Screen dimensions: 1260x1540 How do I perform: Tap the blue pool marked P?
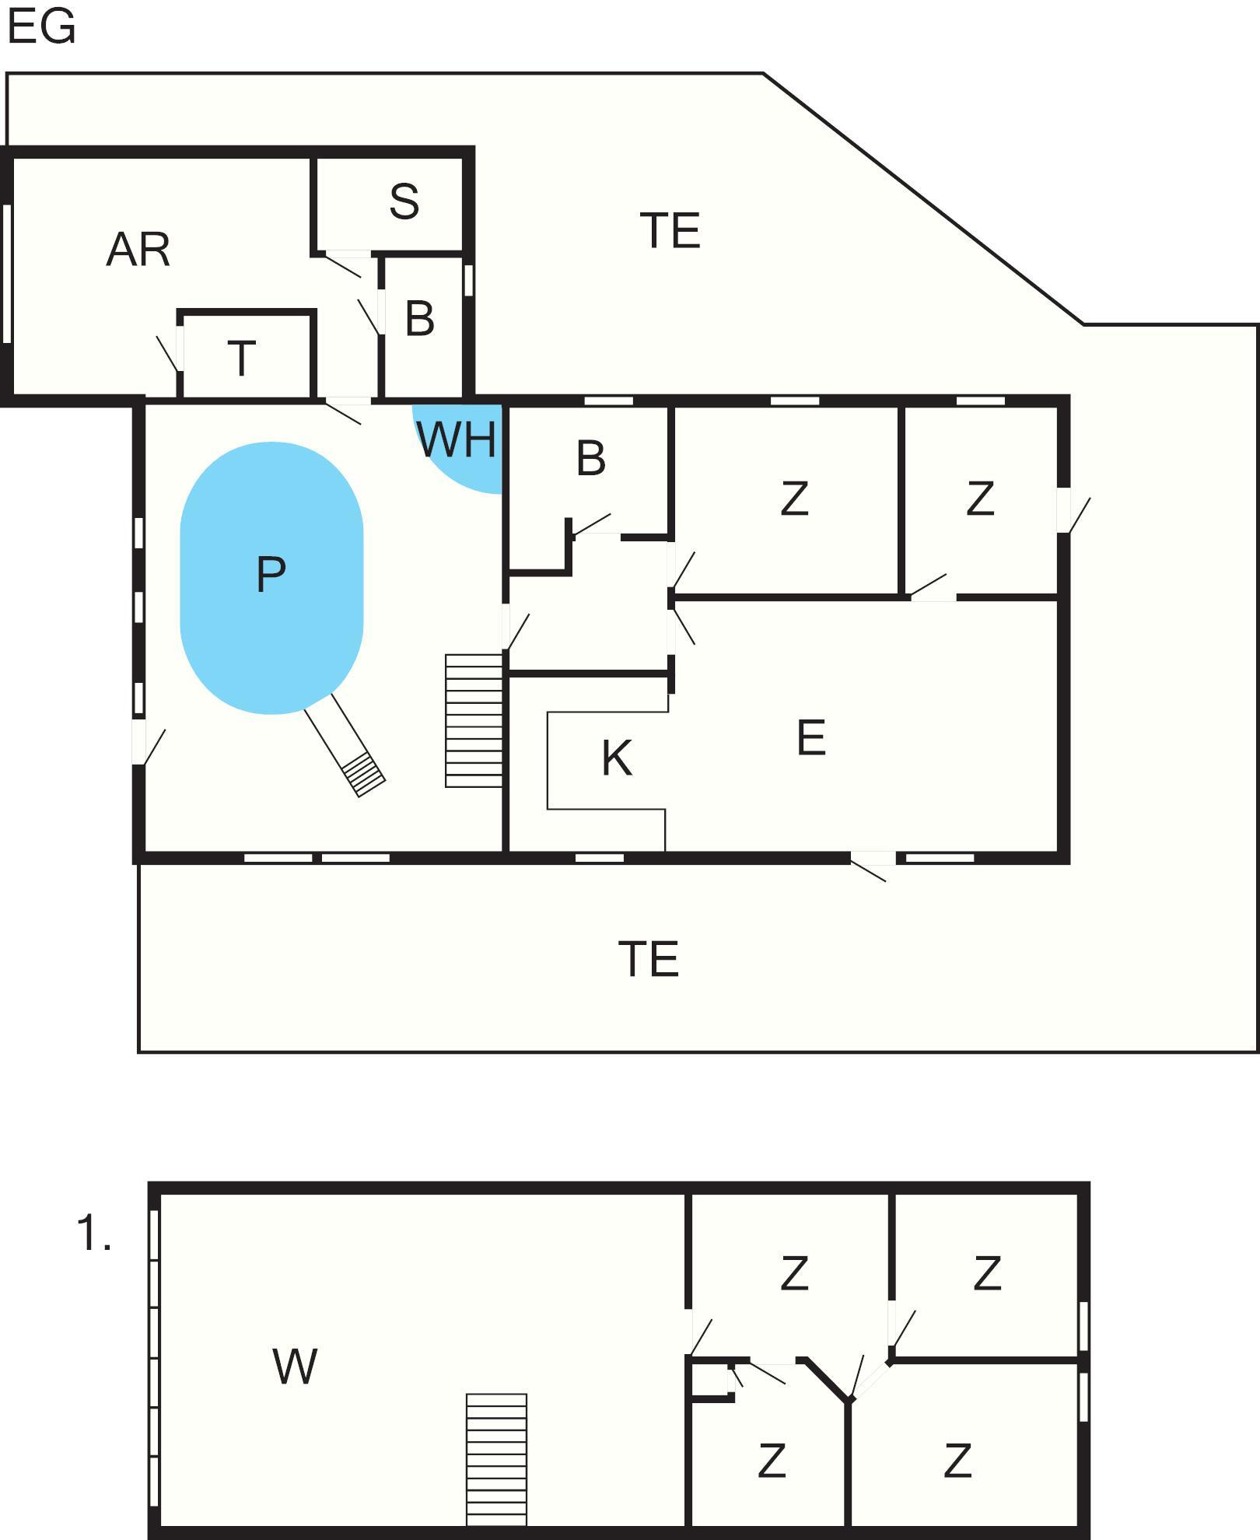coord(271,578)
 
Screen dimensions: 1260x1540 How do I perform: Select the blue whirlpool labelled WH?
coord(458,448)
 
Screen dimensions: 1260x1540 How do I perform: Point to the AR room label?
coord(138,250)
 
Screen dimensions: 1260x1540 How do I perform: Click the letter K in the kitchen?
coord(617,758)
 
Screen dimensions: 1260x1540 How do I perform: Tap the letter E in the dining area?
coord(811,737)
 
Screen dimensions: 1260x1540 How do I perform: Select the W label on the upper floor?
coord(295,1366)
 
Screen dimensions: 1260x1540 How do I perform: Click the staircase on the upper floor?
coord(496,1458)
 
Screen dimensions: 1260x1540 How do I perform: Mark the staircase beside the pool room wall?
coord(474,720)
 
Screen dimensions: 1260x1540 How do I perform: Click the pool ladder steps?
coord(363,774)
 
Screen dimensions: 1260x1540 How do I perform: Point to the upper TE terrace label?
coord(670,231)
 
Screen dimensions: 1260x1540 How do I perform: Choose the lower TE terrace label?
coord(649,959)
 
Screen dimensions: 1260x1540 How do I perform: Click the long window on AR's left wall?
coord(7,273)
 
